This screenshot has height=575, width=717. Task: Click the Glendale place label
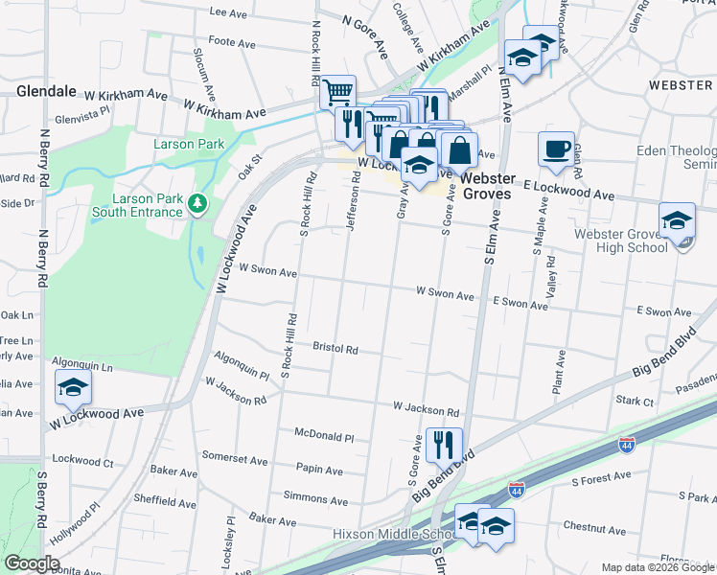pos(46,91)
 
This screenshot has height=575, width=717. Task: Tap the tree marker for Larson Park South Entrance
pos(197,203)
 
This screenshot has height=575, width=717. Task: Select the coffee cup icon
pos(556,149)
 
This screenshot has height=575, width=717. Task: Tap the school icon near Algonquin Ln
pos(72,388)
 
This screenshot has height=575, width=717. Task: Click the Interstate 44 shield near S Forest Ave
pos(516,487)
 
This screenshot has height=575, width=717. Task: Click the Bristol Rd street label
pos(335,349)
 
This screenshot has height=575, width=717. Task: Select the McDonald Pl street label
pos(324,436)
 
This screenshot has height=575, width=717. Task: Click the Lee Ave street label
pos(228,12)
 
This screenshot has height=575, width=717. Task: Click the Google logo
pos(33,563)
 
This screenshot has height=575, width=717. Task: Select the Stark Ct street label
pos(634,399)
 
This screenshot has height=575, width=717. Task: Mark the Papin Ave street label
pos(319,471)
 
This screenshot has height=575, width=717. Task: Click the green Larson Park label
pos(189,145)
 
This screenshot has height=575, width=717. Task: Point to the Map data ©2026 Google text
pos(657,567)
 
